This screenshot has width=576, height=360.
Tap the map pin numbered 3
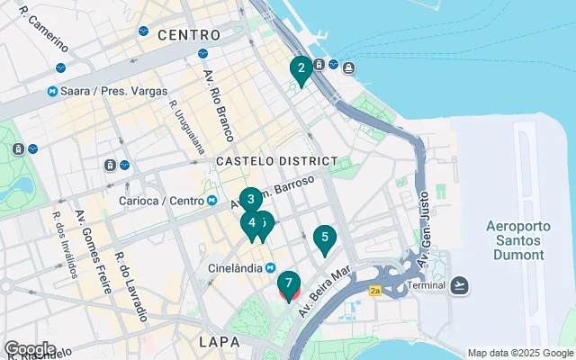[252, 200]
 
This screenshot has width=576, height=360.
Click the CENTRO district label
[188, 35]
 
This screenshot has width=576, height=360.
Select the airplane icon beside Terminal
[461, 285]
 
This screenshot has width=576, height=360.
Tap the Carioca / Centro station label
[164, 200]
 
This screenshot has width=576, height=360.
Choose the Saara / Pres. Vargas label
[100, 92]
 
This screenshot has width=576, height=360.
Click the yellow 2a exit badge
[375, 291]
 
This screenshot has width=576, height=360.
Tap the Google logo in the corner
[30, 348]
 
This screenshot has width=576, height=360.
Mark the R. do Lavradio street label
[130, 287]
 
